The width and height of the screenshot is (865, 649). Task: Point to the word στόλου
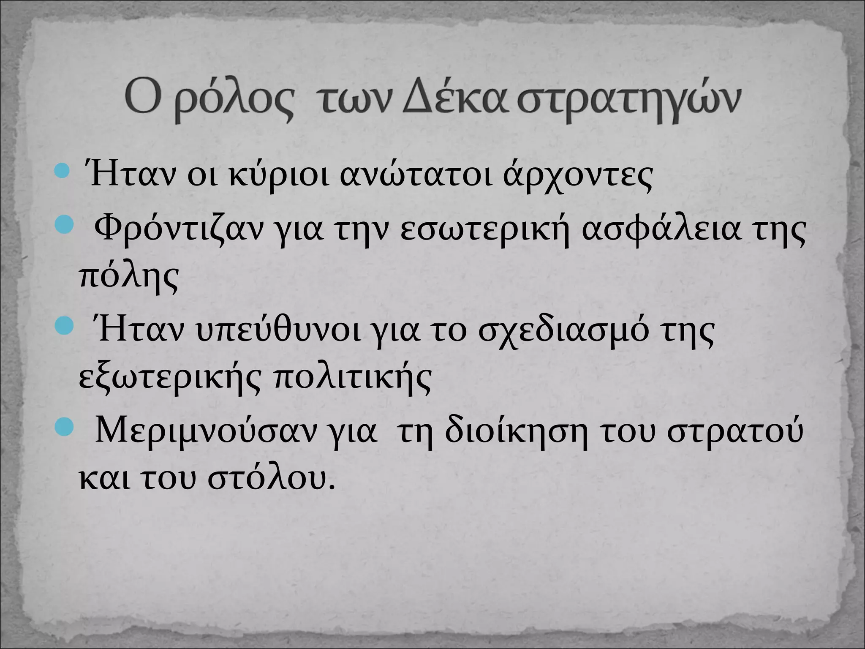[271, 477]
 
